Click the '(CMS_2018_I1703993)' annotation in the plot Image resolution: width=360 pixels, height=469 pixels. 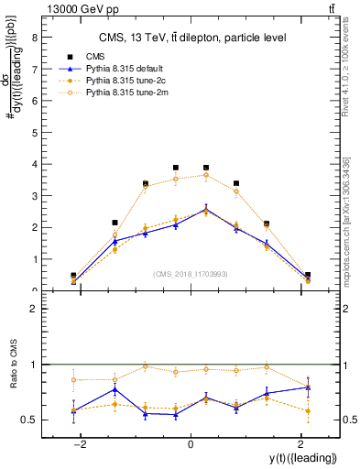[190, 274]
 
